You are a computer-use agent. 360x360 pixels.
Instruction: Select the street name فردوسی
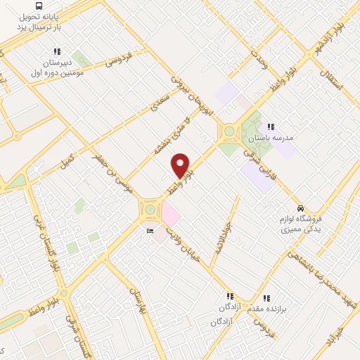pyautogui.click(x=120, y=60)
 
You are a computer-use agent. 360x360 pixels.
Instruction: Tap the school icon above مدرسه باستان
pyautogui.click(x=271, y=127)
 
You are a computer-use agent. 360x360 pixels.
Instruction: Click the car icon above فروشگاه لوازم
pyautogui.click(x=301, y=209)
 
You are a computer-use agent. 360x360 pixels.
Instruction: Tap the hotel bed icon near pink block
pyautogui.click(x=150, y=231)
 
